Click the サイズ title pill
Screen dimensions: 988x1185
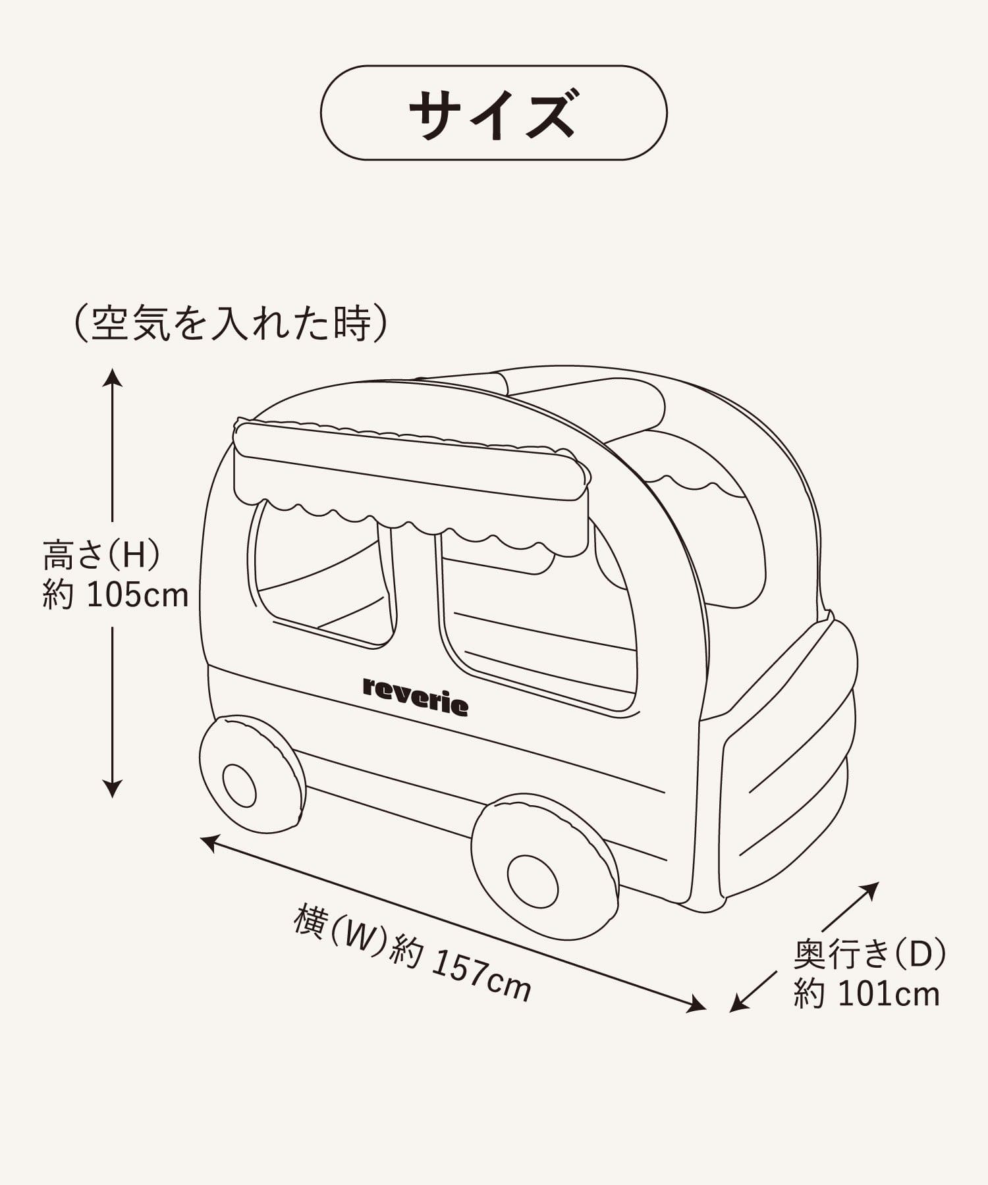point(493,113)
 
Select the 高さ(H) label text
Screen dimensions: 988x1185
point(101,555)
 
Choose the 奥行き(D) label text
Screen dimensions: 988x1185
point(869,954)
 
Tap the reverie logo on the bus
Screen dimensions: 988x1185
point(416,696)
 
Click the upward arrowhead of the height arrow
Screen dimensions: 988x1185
point(113,377)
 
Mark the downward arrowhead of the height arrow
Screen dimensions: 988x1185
point(113,789)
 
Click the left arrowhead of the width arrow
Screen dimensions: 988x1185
point(209,841)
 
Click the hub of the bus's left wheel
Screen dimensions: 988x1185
point(239,785)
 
